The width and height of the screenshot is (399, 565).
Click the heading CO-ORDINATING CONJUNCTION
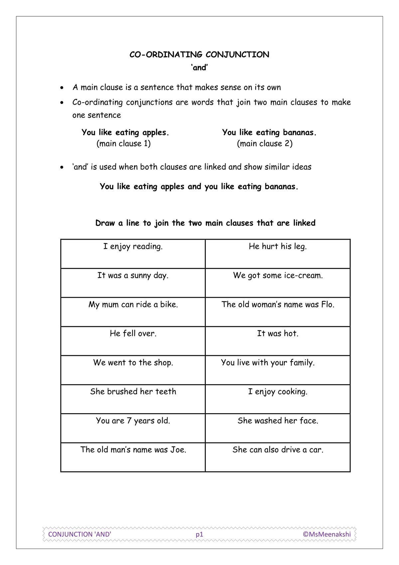tap(199, 55)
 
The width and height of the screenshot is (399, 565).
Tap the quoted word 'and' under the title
tap(199, 68)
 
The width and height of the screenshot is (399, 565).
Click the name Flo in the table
tap(327, 305)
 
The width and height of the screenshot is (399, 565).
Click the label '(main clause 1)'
tap(123, 143)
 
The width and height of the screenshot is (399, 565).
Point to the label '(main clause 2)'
tap(265, 143)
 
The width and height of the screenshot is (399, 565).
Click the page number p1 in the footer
tap(199, 534)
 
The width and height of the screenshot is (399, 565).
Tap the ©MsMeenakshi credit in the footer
tap(327, 534)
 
